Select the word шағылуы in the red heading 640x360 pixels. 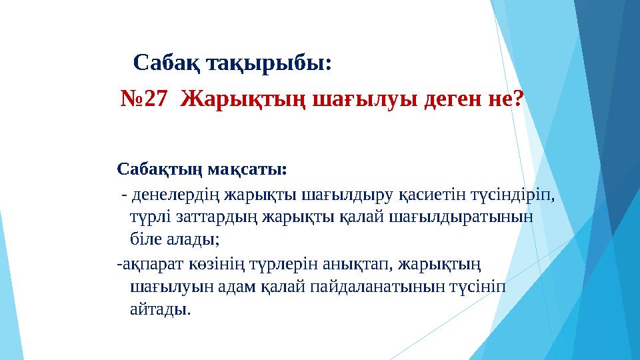pos(359,99)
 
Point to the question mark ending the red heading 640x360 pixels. pos(518,99)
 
